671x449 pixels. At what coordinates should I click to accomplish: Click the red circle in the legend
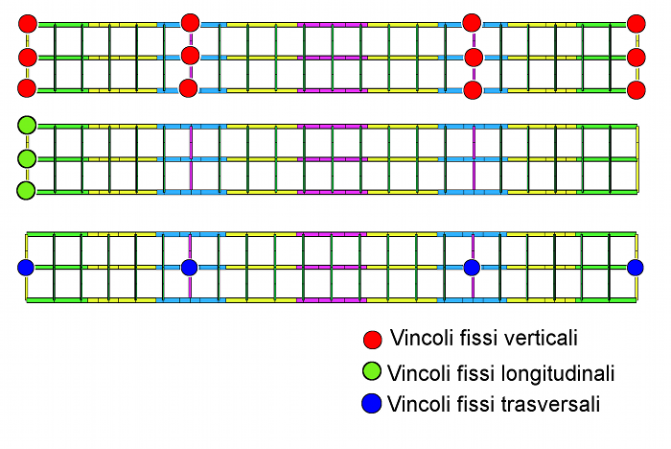[373, 340]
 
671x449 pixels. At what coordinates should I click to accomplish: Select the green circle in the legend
[373, 372]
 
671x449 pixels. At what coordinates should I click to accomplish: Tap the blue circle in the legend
[373, 404]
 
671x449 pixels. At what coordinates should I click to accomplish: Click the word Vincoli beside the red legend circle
[418, 339]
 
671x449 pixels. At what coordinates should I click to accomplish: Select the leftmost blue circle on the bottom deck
[27, 267]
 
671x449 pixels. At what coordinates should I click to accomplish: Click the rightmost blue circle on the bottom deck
[635, 267]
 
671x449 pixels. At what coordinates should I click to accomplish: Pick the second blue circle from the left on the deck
[189, 267]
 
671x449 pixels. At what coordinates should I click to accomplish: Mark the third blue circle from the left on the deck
[472, 267]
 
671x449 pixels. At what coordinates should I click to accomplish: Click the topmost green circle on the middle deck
[27, 125]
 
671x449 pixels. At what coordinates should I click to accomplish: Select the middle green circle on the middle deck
[27, 157]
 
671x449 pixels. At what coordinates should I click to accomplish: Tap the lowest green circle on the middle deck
[27, 190]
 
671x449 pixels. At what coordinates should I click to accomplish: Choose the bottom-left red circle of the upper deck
[27, 88]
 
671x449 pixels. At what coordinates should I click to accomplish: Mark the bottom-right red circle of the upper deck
[635, 89]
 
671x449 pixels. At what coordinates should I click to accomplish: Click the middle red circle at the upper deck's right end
[635, 57]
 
